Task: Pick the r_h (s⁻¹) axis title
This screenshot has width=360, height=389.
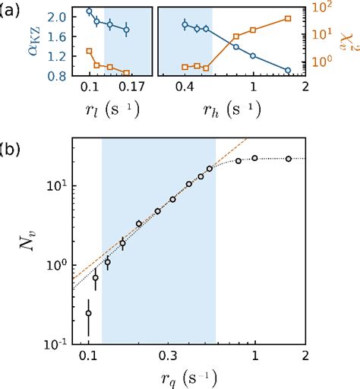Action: [229, 107]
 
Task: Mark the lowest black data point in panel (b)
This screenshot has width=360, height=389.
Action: [89, 313]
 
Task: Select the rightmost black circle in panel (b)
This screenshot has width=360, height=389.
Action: [289, 158]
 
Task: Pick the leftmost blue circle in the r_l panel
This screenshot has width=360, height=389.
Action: [89, 11]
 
